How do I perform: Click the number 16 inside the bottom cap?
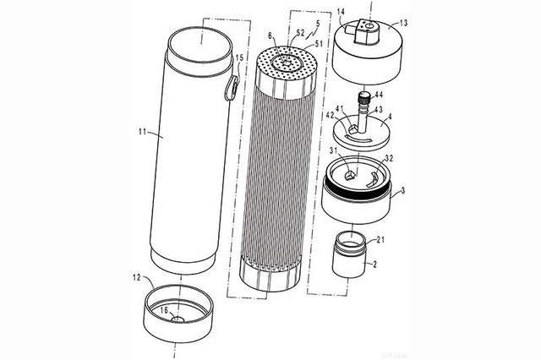[x=167, y=311]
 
